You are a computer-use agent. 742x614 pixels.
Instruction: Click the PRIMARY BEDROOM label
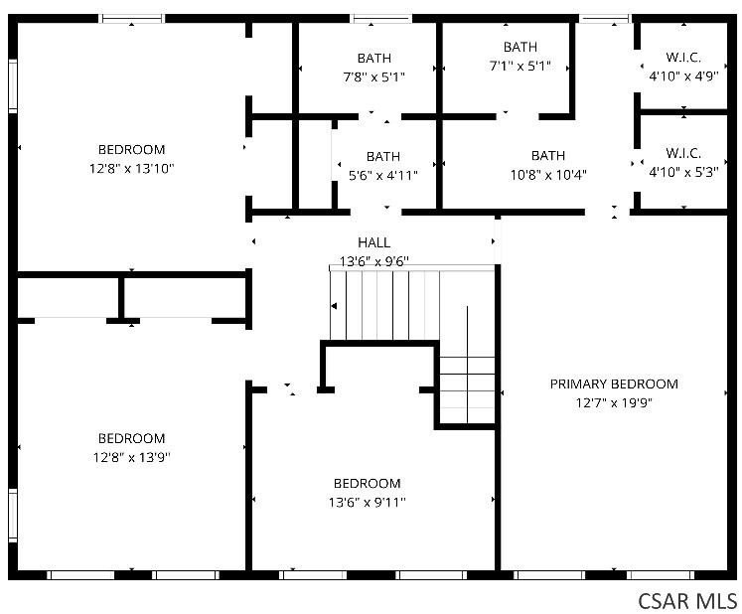coord(614,384)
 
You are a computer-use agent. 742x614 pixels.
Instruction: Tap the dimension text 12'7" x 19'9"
coord(614,403)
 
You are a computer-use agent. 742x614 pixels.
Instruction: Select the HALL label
coord(373,242)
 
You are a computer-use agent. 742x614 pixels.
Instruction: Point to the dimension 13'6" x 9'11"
coord(368,503)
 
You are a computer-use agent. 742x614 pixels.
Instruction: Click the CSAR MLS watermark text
coord(687,600)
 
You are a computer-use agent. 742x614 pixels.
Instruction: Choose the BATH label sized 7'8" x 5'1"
coord(373,57)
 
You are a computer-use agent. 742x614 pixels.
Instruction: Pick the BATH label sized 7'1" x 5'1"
coord(519,47)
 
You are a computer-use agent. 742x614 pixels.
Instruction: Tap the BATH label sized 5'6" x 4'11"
coord(383,156)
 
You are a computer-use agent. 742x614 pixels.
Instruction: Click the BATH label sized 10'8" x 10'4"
coord(548,155)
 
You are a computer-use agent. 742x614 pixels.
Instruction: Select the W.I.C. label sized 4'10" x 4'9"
coord(682,57)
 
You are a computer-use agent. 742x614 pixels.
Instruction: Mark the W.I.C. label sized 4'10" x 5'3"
coord(682,153)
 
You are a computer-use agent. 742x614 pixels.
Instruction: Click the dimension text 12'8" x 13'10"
coord(131,169)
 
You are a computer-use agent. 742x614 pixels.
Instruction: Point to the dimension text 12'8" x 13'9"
coord(131,457)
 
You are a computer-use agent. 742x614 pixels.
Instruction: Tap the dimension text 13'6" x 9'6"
coord(373,261)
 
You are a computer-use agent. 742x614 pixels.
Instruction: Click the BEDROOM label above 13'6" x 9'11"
coord(368,484)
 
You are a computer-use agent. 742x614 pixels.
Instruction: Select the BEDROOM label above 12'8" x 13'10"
coord(131,150)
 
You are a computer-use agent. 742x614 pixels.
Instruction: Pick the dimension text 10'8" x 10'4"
coord(548,174)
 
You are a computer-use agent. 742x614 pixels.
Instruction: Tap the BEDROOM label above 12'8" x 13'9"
coord(131,438)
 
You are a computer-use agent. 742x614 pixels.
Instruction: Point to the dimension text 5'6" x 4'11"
coord(383,175)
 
